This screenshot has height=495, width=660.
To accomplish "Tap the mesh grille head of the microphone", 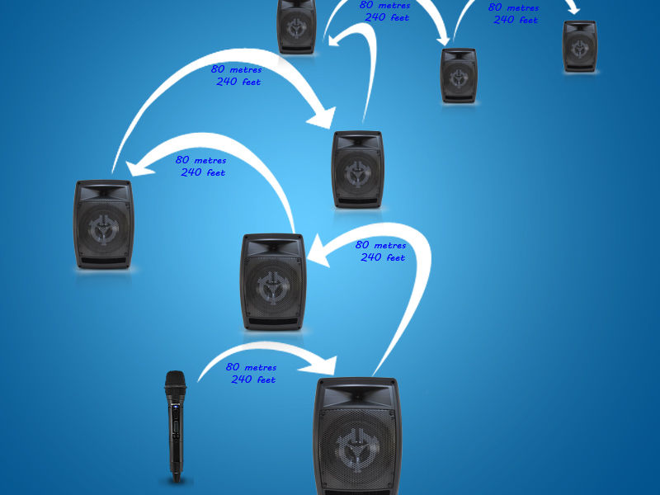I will click(175, 383).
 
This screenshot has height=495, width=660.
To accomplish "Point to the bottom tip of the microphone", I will click(175, 478).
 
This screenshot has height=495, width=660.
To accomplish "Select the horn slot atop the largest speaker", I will click(357, 397).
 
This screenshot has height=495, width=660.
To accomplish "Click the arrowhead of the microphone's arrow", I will click(327, 363).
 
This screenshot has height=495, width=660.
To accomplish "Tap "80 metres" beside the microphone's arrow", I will click(251, 367).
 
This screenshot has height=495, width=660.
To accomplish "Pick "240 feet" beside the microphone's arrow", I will click(253, 379).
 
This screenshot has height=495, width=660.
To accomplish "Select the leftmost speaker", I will click(103, 224).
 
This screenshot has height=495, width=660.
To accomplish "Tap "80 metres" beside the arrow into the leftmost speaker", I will click(200, 160).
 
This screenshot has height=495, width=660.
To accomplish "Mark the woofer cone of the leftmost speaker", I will click(103, 228).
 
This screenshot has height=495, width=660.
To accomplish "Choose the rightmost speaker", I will click(580, 46).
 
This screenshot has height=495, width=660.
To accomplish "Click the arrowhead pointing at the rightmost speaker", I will click(574, 11).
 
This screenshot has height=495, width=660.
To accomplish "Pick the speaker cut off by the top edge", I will click(296, 26).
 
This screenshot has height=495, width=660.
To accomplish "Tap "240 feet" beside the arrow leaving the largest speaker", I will click(383, 257).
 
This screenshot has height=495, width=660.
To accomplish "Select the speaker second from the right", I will click(459, 75).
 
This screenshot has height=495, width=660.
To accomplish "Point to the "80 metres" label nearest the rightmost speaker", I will click(513, 7).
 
